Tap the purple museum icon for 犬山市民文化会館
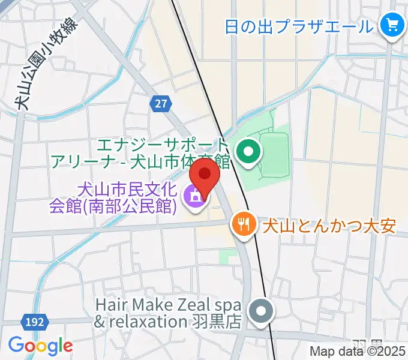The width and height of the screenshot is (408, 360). (194, 198)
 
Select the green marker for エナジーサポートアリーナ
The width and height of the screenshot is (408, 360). (247, 152)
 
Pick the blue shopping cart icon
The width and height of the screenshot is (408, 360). (393, 26)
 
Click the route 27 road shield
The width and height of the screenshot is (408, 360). (160, 104)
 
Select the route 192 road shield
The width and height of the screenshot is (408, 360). (35, 322)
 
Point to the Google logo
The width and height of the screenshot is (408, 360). (40, 346)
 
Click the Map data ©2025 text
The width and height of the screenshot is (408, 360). (357, 352)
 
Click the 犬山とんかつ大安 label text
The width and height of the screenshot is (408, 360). (328, 226)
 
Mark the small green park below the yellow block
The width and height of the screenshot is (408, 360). (229, 257)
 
